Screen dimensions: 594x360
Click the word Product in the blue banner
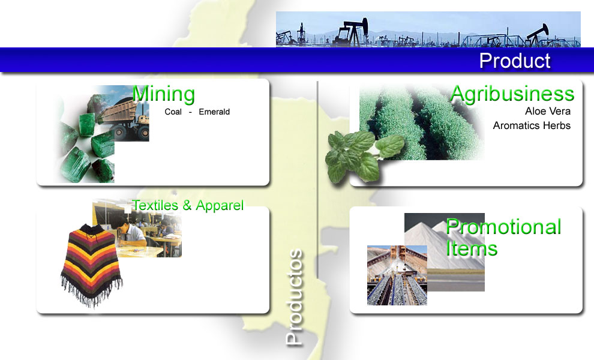(514, 61)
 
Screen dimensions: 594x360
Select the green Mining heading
(163, 94)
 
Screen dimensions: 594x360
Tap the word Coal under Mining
(173, 112)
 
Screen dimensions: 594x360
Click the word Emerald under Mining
(214, 112)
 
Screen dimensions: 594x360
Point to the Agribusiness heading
(512, 94)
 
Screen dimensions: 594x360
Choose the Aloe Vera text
(547, 111)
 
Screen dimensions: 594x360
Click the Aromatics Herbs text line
(532, 125)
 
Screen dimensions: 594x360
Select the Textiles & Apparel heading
(188, 205)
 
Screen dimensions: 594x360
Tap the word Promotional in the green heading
(503, 227)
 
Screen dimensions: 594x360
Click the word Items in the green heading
(472, 248)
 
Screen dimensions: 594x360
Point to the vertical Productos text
(295, 297)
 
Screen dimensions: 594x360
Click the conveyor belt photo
(397, 275)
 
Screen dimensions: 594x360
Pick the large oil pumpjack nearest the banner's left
(351, 32)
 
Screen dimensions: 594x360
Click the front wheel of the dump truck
(120, 132)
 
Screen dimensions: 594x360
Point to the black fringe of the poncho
(91, 292)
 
